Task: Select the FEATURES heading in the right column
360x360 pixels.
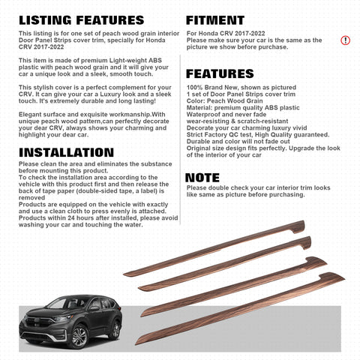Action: (226, 74)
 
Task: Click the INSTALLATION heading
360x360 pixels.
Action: (73, 154)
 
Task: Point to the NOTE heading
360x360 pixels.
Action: (203, 177)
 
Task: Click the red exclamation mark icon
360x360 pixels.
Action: (345, 40)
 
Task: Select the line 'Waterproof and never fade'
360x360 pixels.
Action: (227, 113)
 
